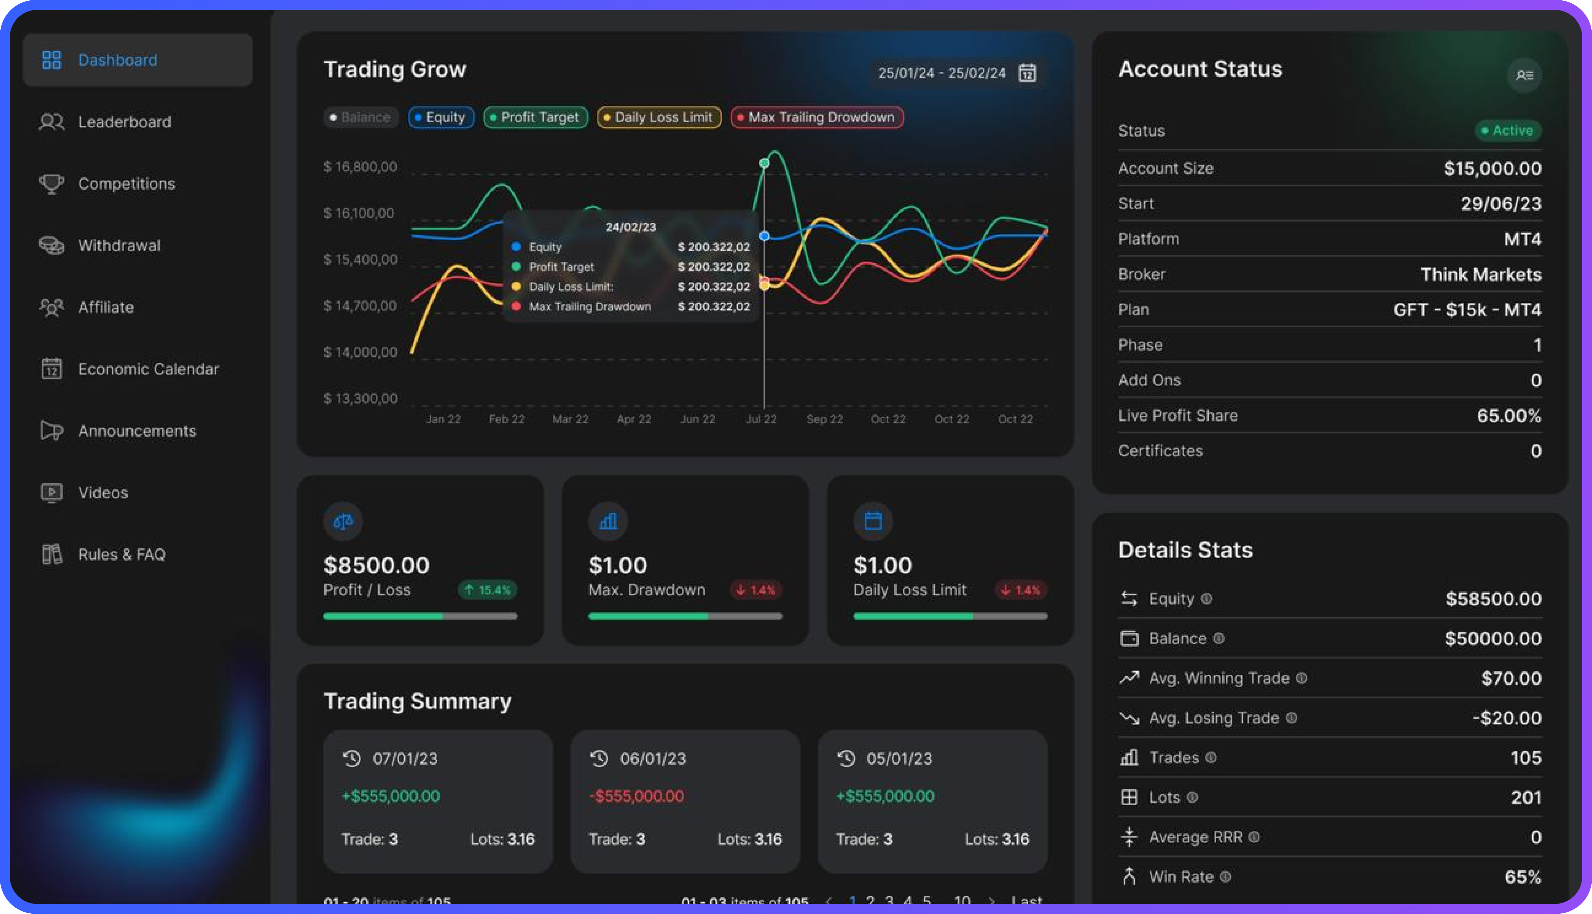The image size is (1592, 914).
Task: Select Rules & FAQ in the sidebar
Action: [121, 554]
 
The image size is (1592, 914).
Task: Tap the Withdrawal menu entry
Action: [119, 245]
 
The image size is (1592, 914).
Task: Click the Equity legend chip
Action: [441, 117]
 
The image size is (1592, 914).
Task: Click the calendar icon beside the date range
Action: [1027, 73]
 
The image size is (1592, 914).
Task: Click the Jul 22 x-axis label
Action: [761, 419]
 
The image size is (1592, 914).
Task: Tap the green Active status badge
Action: [1507, 131]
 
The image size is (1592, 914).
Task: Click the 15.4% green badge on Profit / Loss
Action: [487, 590]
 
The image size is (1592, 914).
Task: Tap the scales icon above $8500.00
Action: [343, 521]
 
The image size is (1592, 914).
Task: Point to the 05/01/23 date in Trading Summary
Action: [899, 758]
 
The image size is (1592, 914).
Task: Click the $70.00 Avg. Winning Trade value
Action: [1510, 678]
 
